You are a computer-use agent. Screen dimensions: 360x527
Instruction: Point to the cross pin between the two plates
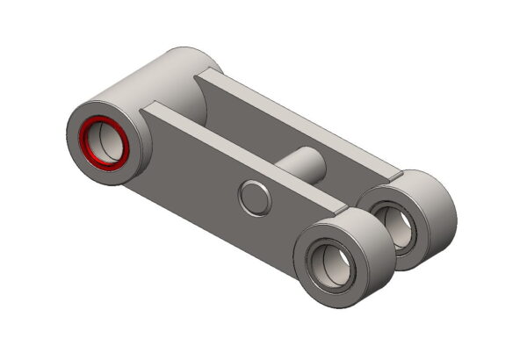click(x=303, y=163)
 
